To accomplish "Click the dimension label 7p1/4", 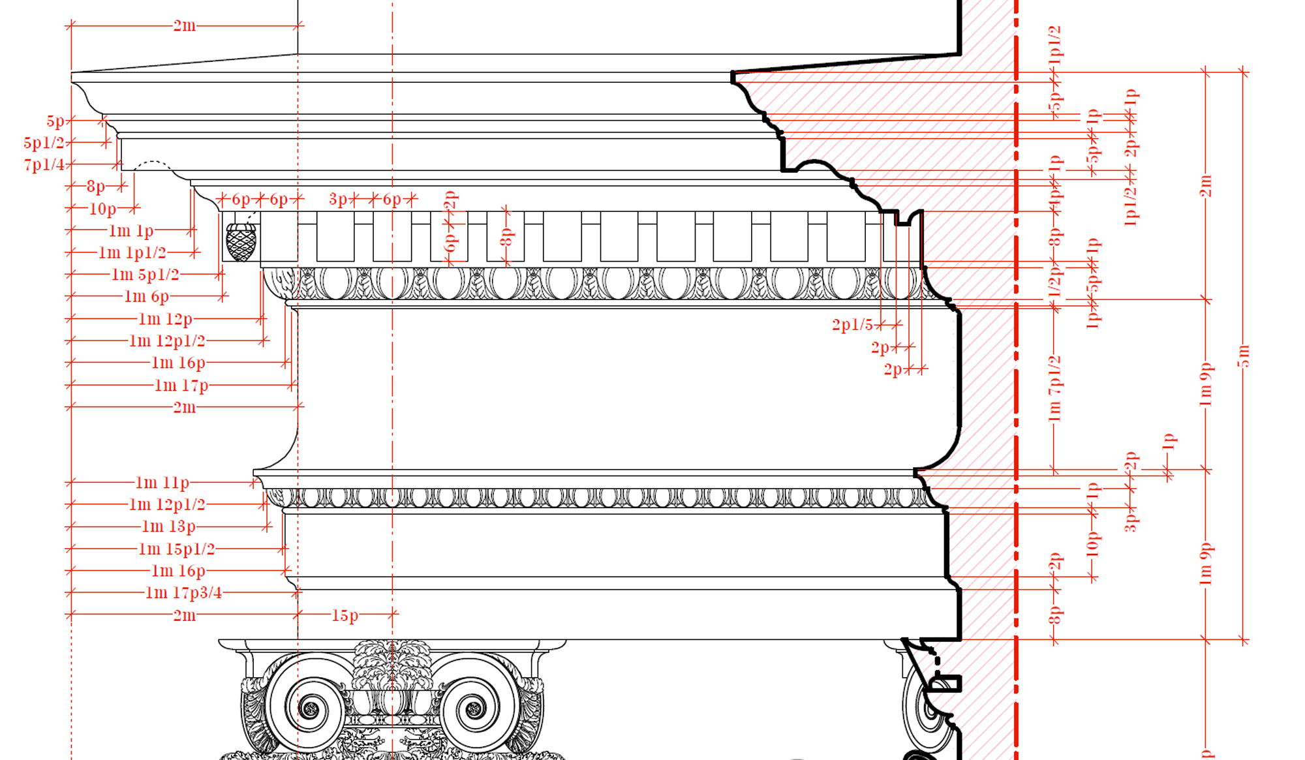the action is click(44, 164).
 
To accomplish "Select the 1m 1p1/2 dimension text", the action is click(132, 252).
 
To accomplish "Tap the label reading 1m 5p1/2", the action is click(145, 275).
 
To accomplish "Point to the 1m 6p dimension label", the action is click(147, 297).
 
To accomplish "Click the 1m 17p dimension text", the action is click(181, 386).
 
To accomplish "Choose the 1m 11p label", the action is click(162, 483).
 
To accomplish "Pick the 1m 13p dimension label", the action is click(168, 526).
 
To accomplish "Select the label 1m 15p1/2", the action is click(177, 549).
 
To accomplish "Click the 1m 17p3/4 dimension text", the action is click(183, 593).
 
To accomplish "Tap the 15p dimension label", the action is click(345, 615).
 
